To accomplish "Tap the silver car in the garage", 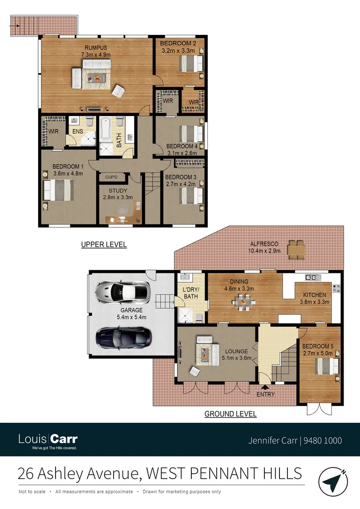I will click(123, 293).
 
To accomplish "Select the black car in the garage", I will click(123, 337).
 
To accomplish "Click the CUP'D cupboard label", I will click(112, 178).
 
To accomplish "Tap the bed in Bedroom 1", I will click(57, 190).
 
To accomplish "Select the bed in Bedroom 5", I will click(326, 366).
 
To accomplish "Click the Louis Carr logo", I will click(48, 440).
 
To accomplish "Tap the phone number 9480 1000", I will click(323, 441).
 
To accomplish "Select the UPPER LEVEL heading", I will click(104, 245).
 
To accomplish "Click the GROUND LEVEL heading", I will click(230, 414).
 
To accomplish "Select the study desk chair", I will click(123, 209).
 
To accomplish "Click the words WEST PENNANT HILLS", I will click(224, 473).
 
